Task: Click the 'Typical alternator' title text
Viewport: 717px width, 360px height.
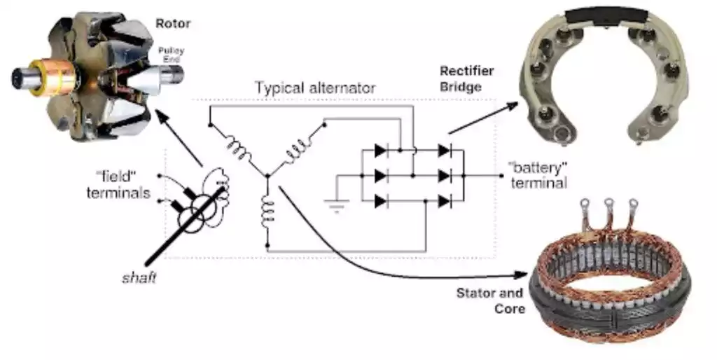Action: (x=315, y=88)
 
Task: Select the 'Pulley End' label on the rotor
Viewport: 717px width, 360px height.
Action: (x=171, y=55)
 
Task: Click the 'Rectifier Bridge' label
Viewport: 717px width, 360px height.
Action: (x=466, y=78)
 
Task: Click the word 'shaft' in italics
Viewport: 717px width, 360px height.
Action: (x=137, y=278)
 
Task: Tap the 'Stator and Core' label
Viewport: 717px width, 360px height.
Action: (x=490, y=300)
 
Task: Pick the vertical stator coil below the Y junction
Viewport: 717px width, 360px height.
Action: (x=267, y=213)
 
